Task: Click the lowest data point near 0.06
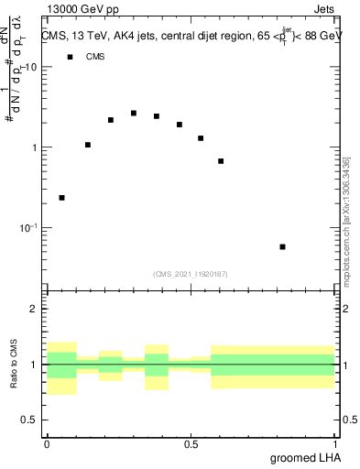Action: [x=61, y=198]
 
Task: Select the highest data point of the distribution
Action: [x=134, y=114]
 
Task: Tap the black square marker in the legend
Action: [x=69, y=57]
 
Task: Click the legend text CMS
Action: [x=95, y=57]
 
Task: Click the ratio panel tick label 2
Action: [x=36, y=309]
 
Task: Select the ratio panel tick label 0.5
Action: [x=31, y=420]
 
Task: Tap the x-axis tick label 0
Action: [x=47, y=444]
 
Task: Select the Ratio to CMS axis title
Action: [x=13, y=365]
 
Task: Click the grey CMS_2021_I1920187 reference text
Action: [x=190, y=273]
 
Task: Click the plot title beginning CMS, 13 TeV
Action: [x=188, y=36]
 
